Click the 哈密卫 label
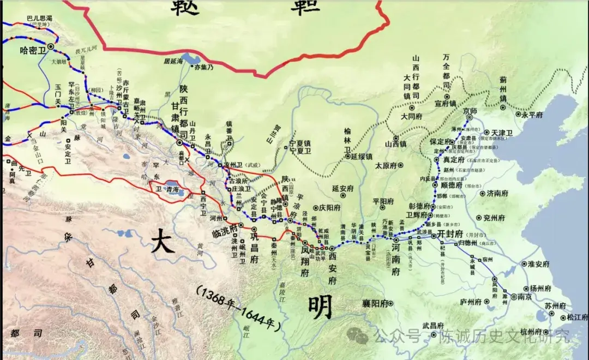(32, 50)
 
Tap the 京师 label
(470, 111)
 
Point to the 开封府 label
(450, 233)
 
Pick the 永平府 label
(532, 115)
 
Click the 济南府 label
(497, 193)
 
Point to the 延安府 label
(344, 189)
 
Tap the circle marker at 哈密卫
(50, 47)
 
